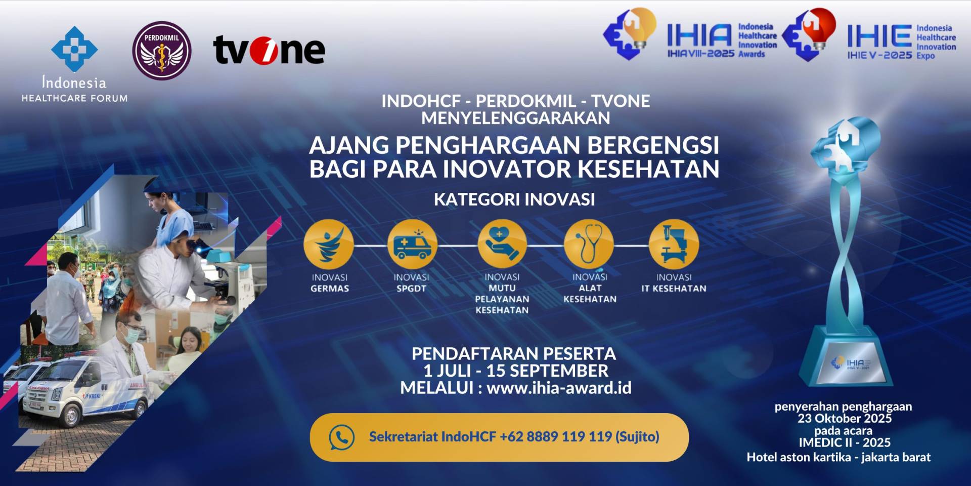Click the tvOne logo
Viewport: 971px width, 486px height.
pyautogui.click(x=269, y=50)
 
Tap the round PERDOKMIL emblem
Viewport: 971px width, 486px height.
pyautogui.click(x=162, y=51)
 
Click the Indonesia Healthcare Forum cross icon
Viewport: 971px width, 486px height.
pyautogui.click(x=74, y=49)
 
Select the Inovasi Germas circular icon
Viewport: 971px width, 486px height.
pyautogui.click(x=329, y=244)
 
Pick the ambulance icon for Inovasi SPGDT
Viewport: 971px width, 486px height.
pyautogui.click(x=412, y=244)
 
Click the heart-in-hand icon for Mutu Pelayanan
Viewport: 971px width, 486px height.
pyautogui.click(x=502, y=244)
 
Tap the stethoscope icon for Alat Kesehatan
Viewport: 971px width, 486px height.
pyautogui.click(x=589, y=244)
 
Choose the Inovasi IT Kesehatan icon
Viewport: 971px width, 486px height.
pyautogui.click(x=674, y=244)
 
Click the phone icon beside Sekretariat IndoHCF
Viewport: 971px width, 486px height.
pyautogui.click(x=342, y=437)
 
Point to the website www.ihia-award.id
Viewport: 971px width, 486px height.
pyautogui.click(x=559, y=388)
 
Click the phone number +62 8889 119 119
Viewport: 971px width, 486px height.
pyautogui.click(x=556, y=436)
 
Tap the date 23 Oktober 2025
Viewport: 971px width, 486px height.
pyautogui.click(x=845, y=419)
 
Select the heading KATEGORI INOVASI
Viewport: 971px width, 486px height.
pyautogui.click(x=514, y=199)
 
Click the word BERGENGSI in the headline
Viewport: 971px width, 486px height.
pyautogui.click(x=653, y=145)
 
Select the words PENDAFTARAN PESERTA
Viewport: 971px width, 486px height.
pyautogui.click(x=514, y=353)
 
